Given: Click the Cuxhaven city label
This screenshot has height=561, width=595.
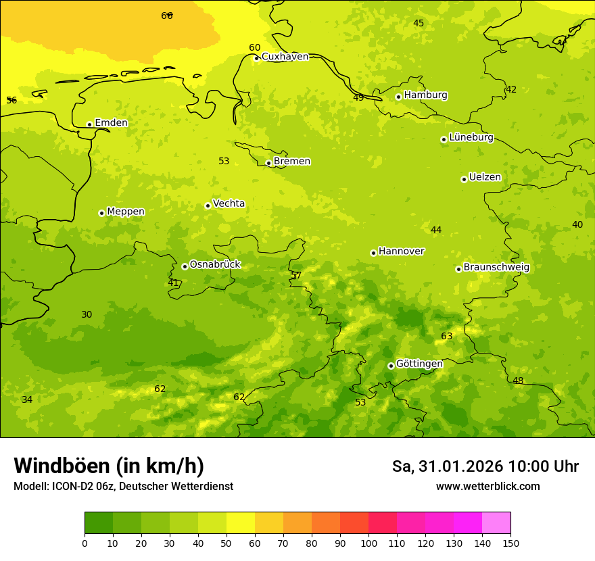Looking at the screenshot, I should tap(285, 57).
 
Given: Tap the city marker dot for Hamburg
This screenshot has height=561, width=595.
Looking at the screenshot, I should tap(398, 97).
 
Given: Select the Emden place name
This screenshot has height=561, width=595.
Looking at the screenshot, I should tap(111, 123).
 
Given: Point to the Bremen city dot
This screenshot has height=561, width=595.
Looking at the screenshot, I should tap(268, 163).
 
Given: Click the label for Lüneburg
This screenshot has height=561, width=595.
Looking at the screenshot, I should tap(471, 138).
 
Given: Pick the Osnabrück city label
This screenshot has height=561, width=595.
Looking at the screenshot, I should tap(215, 265).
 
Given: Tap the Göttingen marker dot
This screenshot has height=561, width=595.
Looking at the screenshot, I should tap(391, 366).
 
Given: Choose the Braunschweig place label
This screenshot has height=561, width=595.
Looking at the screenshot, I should tap(496, 268).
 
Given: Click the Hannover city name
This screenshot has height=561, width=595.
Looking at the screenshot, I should tap(401, 251).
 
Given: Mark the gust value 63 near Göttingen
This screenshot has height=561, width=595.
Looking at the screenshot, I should tap(447, 337).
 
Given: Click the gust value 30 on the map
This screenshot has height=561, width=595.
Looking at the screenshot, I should tap(87, 315).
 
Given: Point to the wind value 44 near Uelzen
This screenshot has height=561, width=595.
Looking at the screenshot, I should tap(436, 230).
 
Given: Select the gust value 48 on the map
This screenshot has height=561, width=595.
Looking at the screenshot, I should tap(518, 381).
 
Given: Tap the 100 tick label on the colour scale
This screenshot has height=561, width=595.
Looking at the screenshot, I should tap(368, 543).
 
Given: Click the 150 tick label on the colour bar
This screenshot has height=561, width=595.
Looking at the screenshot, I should tap(510, 543).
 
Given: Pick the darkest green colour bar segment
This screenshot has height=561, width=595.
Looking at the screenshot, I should tap(99, 523).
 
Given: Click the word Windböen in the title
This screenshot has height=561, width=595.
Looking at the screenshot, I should tap(62, 466).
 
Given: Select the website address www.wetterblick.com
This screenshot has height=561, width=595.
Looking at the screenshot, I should tap(487, 487).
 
